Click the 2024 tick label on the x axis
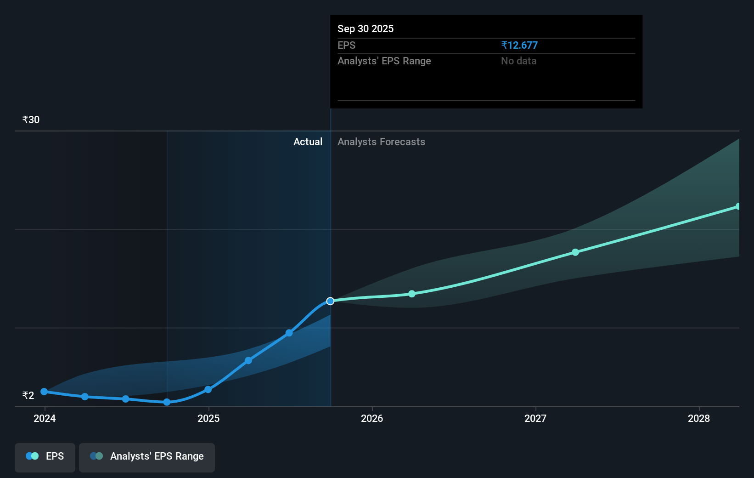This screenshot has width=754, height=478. (45, 418)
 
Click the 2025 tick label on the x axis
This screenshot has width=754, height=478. (208, 418)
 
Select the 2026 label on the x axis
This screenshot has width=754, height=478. (372, 418)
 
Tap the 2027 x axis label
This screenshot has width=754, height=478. (535, 418)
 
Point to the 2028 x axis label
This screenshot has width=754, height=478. (699, 418)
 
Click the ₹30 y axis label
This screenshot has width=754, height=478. (31, 120)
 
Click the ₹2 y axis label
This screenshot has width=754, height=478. (28, 395)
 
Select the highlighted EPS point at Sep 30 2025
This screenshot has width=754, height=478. (330, 301)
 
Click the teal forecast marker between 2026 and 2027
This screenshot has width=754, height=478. (412, 294)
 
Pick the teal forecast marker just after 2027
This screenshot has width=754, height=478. (575, 252)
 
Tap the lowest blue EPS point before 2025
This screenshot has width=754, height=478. (167, 402)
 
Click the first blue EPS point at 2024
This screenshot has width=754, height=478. (44, 392)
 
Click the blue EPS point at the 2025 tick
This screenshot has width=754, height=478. (208, 390)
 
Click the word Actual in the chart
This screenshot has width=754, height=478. (308, 142)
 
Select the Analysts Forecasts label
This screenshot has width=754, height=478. (381, 142)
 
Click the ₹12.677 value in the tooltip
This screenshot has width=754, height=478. (519, 45)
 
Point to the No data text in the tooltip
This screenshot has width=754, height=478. (518, 61)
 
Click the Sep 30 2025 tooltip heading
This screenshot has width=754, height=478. (366, 28)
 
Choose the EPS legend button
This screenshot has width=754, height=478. (45, 456)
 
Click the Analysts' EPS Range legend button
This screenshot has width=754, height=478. (147, 456)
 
